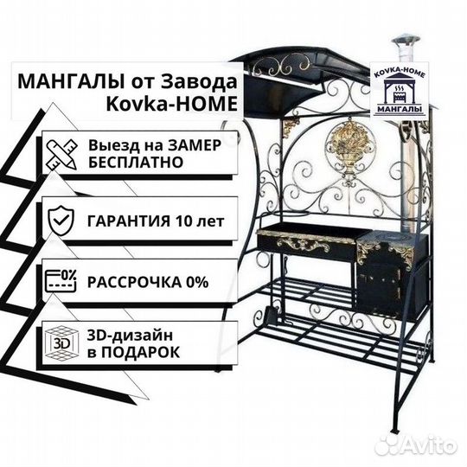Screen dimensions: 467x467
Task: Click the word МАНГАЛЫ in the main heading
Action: [71, 81]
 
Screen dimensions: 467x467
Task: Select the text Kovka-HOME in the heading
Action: [172, 104]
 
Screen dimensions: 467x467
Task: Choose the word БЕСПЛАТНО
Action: [136, 163]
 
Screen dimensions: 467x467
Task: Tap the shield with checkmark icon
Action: [61, 221]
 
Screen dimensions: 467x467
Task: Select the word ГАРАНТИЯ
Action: [129, 221]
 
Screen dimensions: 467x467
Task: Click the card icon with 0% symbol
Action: [61, 280]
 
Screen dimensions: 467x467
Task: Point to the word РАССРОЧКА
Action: [134, 282]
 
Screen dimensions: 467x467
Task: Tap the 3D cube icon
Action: [62, 343]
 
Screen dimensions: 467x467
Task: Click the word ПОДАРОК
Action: [141, 352]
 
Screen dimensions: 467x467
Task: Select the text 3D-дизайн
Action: [130, 336]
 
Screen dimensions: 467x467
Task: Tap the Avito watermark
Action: [416, 447]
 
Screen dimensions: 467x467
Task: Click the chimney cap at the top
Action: [406, 42]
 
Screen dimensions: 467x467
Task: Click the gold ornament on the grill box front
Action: [304, 246]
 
